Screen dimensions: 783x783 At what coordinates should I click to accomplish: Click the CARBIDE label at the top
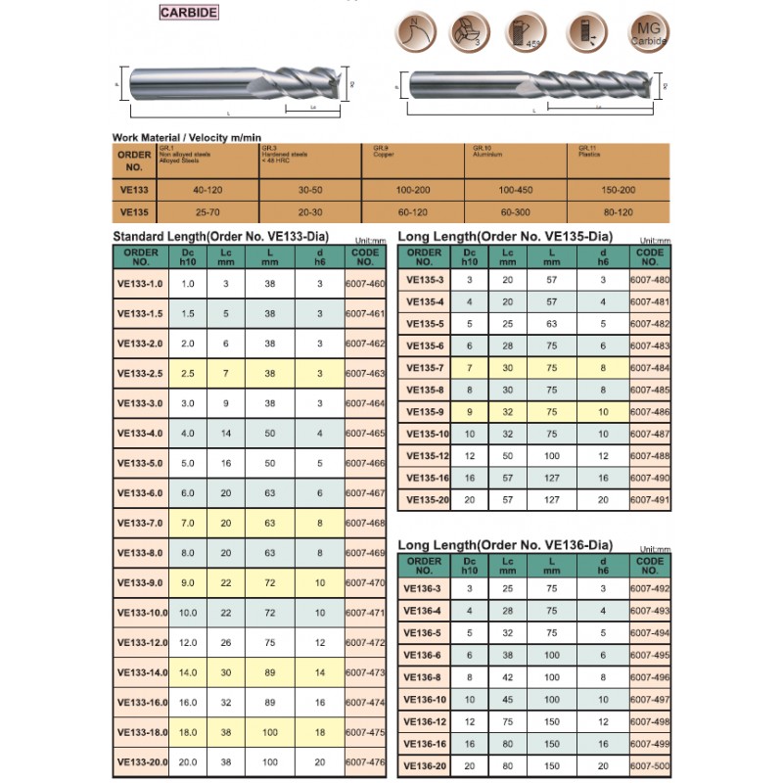tap(189, 14)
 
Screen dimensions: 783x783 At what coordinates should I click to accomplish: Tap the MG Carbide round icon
tap(648, 33)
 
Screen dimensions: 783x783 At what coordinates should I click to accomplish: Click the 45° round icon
tap(528, 33)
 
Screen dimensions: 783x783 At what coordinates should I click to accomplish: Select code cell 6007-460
tap(365, 284)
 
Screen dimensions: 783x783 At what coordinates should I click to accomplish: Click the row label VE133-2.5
tap(140, 373)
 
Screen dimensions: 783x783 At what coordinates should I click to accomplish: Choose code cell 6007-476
tap(365, 761)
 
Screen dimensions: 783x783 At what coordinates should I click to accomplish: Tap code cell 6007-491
tap(650, 498)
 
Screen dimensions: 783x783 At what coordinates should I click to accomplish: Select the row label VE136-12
tap(426, 721)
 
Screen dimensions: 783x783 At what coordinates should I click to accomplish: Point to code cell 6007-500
tap(650, 764)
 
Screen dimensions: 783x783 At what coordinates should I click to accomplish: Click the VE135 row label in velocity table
tap(134, 210)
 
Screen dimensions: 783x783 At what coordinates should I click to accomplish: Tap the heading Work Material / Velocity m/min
tap(187, 138)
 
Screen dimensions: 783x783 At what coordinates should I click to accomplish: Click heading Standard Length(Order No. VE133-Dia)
tap(220, 237)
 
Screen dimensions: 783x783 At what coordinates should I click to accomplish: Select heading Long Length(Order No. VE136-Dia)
tap(505, 544)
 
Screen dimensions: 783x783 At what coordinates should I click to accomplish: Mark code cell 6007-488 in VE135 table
tap(650, 455)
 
